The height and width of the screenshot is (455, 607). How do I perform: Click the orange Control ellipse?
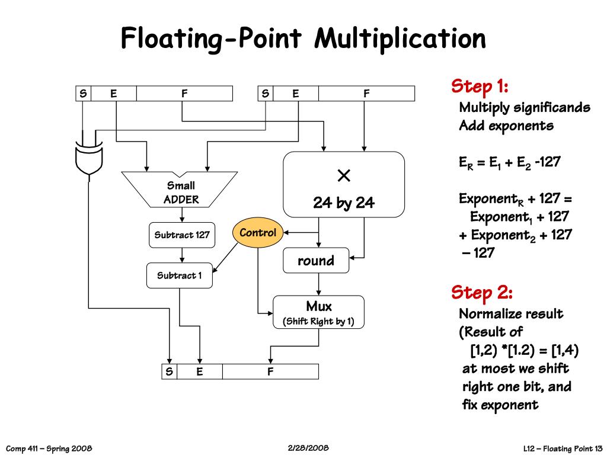point(258,233)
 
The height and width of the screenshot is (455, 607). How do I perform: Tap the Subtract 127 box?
point(182,235)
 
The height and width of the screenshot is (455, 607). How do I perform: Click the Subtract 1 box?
point(179,275)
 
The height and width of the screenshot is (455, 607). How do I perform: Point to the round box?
point(316,261)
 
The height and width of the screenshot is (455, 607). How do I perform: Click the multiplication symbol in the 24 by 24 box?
point(344,176)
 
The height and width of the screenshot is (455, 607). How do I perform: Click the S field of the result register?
point(170,372)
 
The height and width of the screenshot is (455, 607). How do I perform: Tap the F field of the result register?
point(270,372)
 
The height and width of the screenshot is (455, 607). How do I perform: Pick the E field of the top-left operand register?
point(114,94)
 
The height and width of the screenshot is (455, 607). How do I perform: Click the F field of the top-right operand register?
point(366,94)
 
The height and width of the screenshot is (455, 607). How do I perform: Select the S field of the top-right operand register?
point(266,94)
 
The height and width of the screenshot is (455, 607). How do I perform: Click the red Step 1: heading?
point(480,87)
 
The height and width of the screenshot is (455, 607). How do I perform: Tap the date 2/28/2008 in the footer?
point(308,447)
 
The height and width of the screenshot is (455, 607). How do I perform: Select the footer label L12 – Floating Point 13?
point(563,448)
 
